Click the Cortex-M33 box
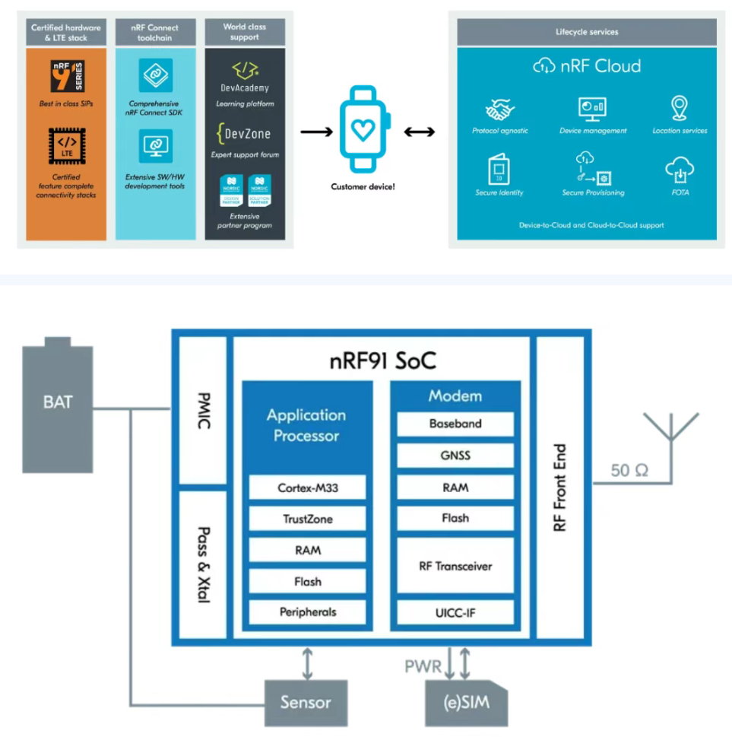pyautogui.click(x=308, y=488)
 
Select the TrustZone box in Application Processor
pyautogui.click(x=308, y=519)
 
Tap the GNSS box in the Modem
pyautogui.click(x=455, y=456)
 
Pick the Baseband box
pyautogui.click(x=455, y=424)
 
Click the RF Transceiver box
pyautogui.click(x=455, y=566)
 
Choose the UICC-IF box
pyautogui.click(x=455, y=612)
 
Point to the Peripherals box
pyautogui.click(x=308, y=612)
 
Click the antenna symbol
pyautogui.click(x=670, y=430)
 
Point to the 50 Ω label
pyautogui.click(x=629, y=470)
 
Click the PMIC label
pyautogui.click(x=203, y=411)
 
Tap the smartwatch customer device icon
pyautogui.click(x=364, y=129)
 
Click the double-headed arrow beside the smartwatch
pyautogui.click(x=419, y=132)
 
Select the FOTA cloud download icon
pyautogui.click(x=680, y=171)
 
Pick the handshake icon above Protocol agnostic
pyautogui.click(x=499, y=110)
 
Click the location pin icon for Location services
pyautogui.click(x=680, y=109)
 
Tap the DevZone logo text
pyautogui.click(x=244, y=134)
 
